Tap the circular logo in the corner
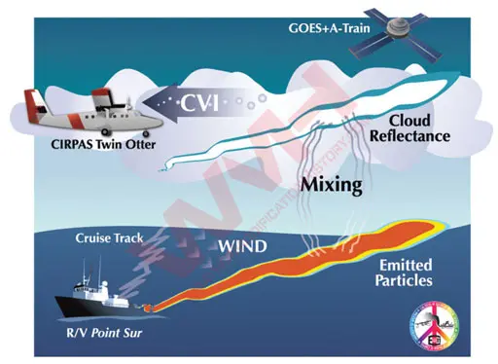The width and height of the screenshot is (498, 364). pos(440,328)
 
